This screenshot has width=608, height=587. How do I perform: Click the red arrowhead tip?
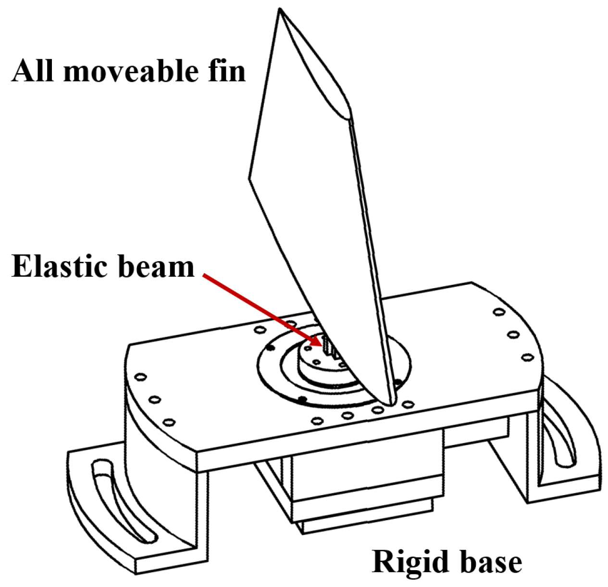click(x=322, y=345)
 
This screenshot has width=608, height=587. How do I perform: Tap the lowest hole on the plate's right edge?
click(x=528, y=357)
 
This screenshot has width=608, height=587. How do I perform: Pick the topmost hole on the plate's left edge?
click(x=141, y=378)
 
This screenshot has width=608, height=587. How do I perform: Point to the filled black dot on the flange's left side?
click(x=270, y=347)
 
